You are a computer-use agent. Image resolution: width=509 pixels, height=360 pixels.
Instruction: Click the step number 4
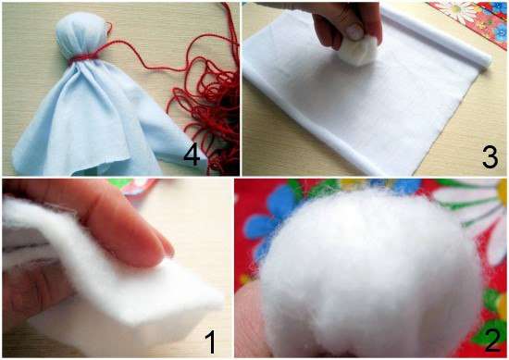tap(192, 155)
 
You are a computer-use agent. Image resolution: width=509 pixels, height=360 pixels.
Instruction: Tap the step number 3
tap(490, 156)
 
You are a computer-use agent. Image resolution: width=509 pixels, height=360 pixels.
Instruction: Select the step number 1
tap(211, 341)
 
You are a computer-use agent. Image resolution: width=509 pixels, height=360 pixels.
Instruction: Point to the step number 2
tap(492, 340)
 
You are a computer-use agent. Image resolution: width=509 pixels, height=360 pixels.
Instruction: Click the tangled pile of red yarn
tap(205, 107)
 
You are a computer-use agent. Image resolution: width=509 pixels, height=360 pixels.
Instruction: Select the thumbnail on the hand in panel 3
tap(354, 31)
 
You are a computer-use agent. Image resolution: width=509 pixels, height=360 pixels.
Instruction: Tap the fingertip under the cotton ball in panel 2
tap(250, 321)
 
